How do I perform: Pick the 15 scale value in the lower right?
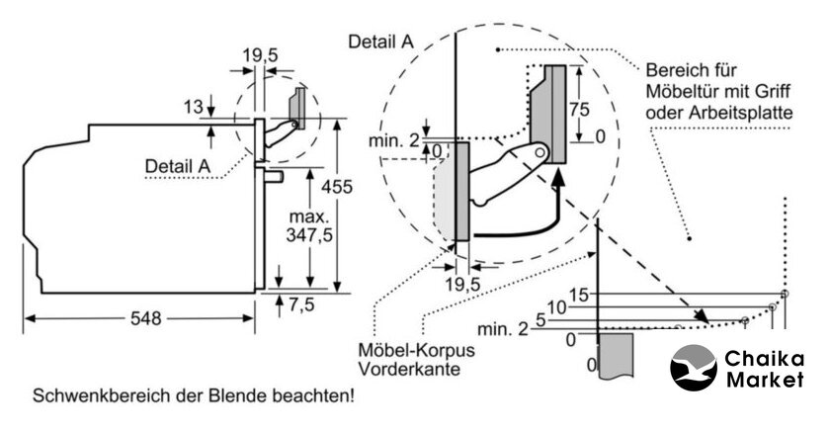tap(579, 294)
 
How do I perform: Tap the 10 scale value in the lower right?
tap(557, 307)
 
